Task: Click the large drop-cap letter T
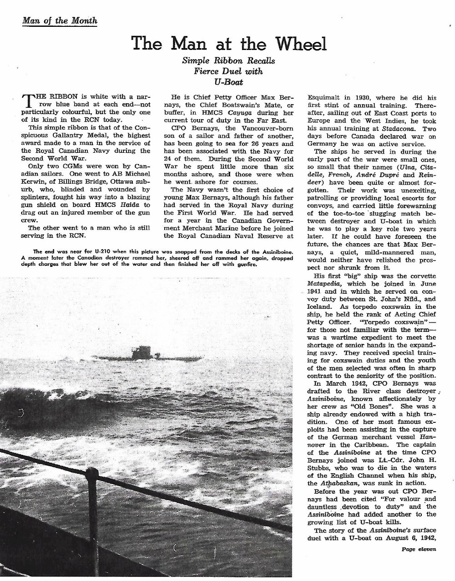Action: (28, 101)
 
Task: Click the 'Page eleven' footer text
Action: (418, 549)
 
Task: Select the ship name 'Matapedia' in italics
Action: (325, 283)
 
